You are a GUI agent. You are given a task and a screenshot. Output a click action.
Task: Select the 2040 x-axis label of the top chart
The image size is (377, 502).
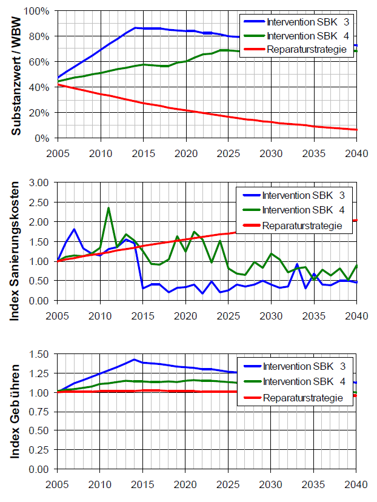click(x=356, y=154)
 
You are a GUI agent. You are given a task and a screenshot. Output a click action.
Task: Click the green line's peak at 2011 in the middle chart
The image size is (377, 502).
click(x=108, y=208)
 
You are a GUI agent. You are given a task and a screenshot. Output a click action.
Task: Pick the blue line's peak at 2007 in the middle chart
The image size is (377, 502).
click(x=74, y=229)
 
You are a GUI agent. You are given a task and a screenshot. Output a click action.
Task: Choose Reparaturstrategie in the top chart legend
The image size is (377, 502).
click(x=310, y=49)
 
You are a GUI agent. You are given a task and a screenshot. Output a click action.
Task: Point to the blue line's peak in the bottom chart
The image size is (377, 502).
click(x=134, y=360)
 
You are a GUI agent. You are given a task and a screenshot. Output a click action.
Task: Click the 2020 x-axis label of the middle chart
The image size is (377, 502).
click(x=185, y=315)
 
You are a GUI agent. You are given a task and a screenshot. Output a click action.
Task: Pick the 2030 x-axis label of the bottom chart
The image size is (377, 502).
click(x=271, y=484)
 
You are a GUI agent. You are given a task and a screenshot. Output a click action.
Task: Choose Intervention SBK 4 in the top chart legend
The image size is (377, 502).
click(x=310, y=35)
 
